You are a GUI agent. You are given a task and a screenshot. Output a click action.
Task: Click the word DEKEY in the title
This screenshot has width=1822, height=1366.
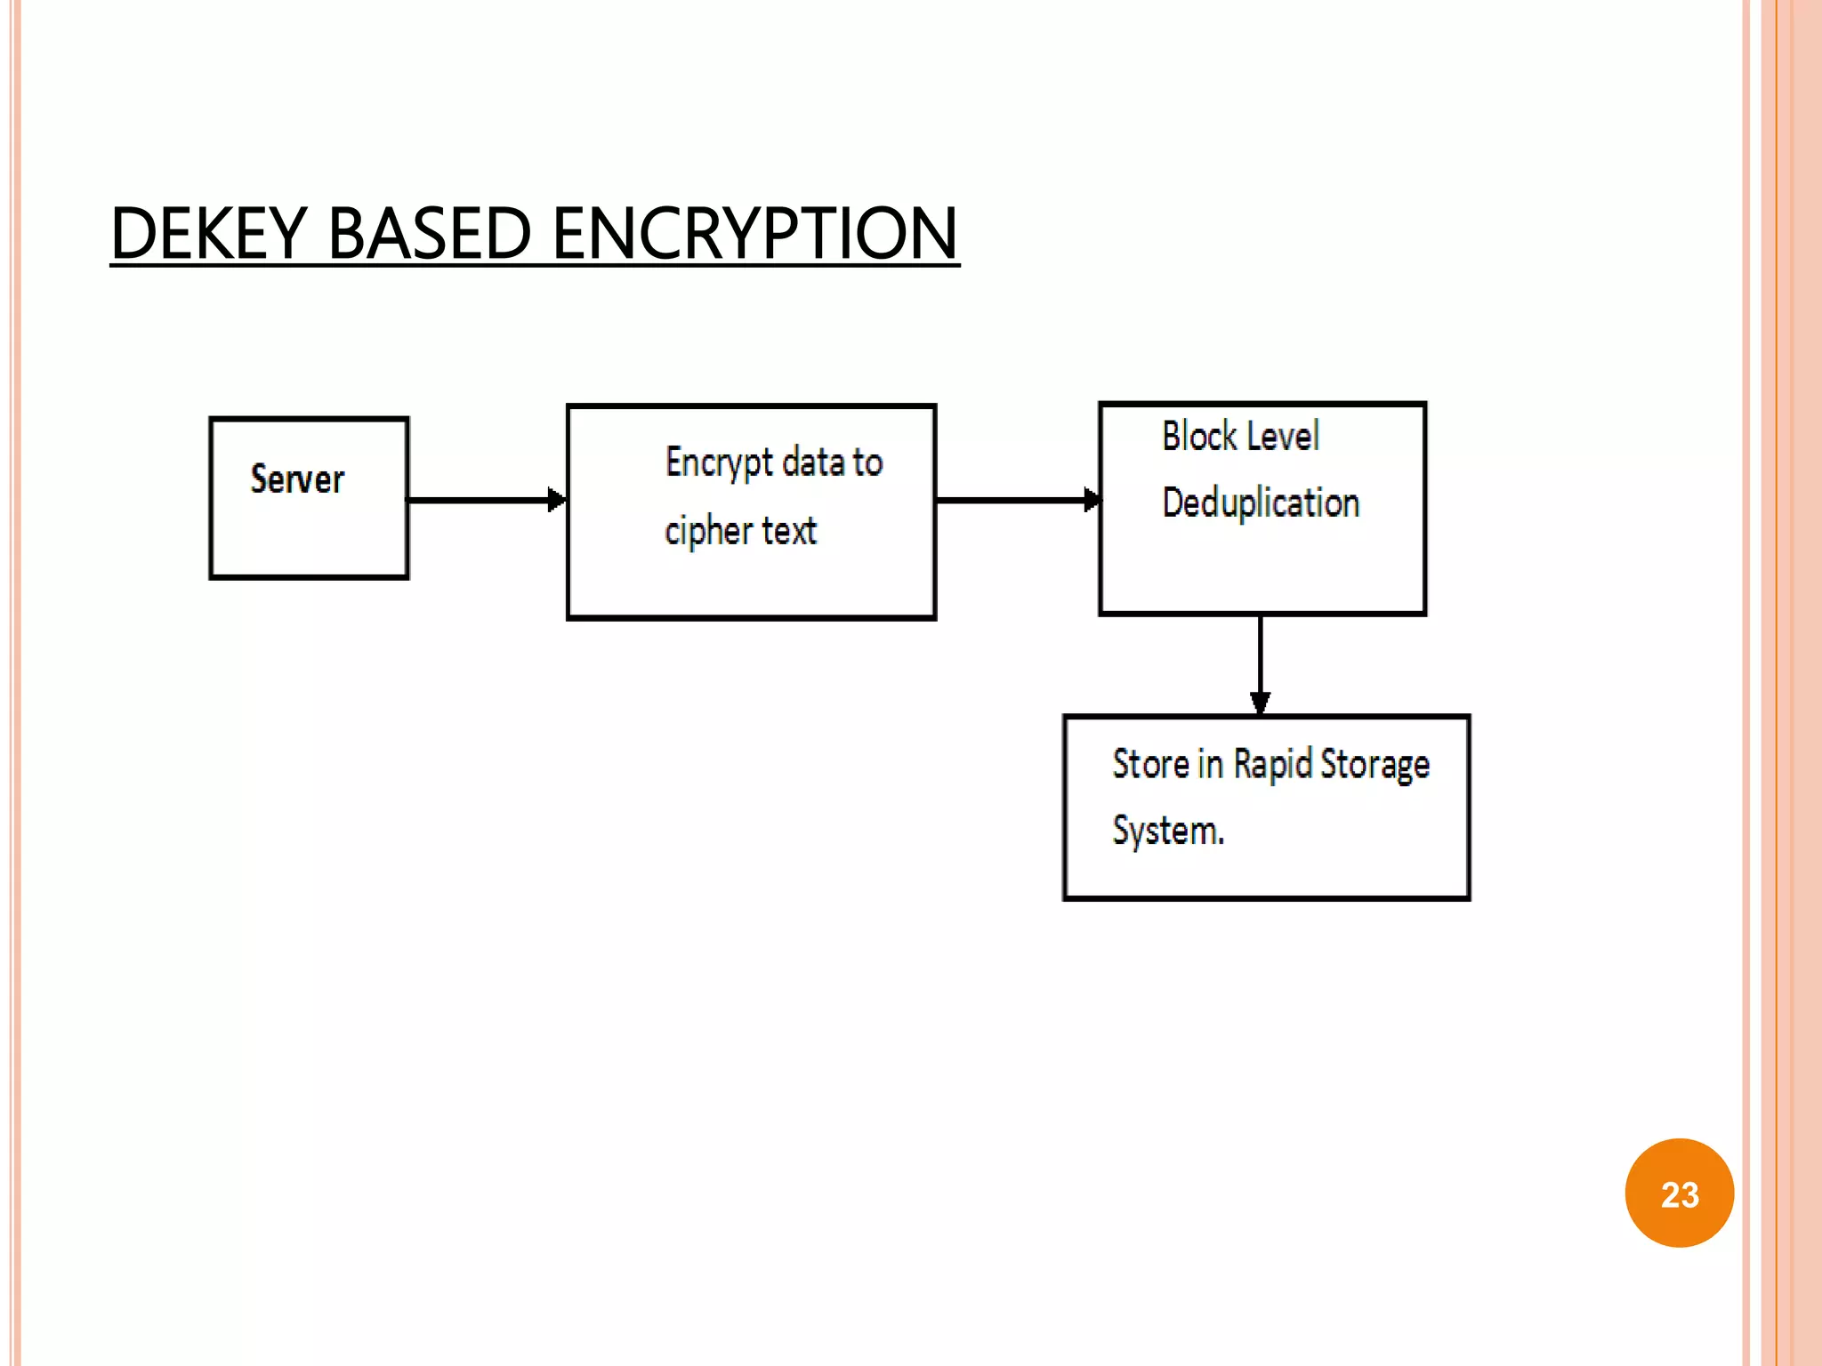[x=209, y=233]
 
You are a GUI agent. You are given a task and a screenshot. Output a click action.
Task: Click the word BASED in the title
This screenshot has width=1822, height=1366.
[x=430, y=233]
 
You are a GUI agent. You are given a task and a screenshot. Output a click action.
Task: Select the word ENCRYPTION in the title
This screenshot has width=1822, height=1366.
[x=754, y=233]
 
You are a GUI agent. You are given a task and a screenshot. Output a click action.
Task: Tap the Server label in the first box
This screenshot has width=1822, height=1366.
[x=297, y=479]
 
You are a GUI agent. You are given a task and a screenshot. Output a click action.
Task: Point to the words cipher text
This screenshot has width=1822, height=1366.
[x=740, y=531]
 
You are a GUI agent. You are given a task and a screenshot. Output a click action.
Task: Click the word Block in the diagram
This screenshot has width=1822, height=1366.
[x=1199, y=436]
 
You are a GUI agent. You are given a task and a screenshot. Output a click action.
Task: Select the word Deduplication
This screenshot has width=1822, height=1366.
[x=1261, y=503]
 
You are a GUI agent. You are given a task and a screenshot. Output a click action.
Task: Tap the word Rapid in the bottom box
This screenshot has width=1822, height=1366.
[x=1272, y=764]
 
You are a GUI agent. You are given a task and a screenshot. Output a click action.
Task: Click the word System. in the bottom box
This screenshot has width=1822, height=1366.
[x=1168, y=831]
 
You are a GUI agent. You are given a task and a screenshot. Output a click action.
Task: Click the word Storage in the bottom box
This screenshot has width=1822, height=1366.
[x=1375, y=765]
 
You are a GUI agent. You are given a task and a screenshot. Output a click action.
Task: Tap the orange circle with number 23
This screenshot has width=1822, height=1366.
[x=1679, y=1193]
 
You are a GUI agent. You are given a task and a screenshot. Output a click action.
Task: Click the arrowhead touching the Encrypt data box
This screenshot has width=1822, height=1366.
[x=557, y=500]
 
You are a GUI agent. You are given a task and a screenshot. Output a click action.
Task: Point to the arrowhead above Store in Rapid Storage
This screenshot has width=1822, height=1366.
[x=1260, y=703]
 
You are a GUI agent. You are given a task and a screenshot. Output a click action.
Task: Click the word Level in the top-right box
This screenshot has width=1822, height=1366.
[x=1284, y=436]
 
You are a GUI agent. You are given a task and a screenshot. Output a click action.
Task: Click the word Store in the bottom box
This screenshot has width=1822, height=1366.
[x=1150, y=764]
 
